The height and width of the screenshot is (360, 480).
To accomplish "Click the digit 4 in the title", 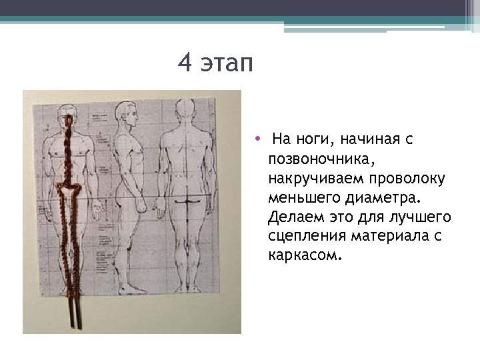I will click(x=185, y=65).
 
